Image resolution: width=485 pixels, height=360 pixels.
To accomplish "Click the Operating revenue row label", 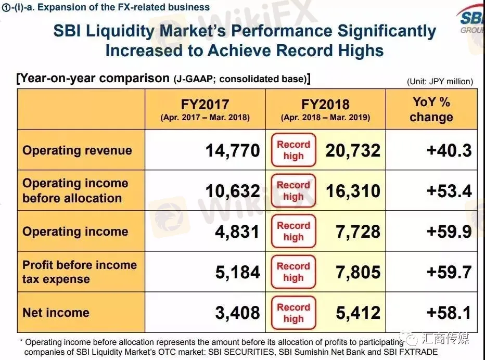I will point(77,150).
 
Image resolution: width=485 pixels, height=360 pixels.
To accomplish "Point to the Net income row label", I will point(56,313).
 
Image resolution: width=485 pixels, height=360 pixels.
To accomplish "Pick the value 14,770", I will point(232,150).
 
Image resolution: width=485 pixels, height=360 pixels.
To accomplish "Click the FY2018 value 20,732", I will point(353,150).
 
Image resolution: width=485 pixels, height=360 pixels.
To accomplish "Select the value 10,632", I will point(232,191).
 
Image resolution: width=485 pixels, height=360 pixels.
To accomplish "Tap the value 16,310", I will point(353,191).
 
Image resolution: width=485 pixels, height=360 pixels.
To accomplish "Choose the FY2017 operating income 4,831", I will point(237,232).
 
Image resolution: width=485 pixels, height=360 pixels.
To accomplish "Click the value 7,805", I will point(358,272).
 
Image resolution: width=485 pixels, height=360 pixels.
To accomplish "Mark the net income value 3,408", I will point(237,313).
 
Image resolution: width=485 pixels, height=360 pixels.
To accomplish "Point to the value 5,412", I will point(358,313).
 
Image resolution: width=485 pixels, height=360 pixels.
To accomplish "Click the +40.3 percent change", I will point(449,150).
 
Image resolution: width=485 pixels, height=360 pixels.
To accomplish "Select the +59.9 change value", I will point(449,232).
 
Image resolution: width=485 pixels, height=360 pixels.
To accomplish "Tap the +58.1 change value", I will point(449,313).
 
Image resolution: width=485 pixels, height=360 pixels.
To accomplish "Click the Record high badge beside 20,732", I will point(293,150).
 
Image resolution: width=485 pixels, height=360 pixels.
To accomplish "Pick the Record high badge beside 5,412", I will point(293,313).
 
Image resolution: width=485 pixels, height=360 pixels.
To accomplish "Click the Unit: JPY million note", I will point(440,81).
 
